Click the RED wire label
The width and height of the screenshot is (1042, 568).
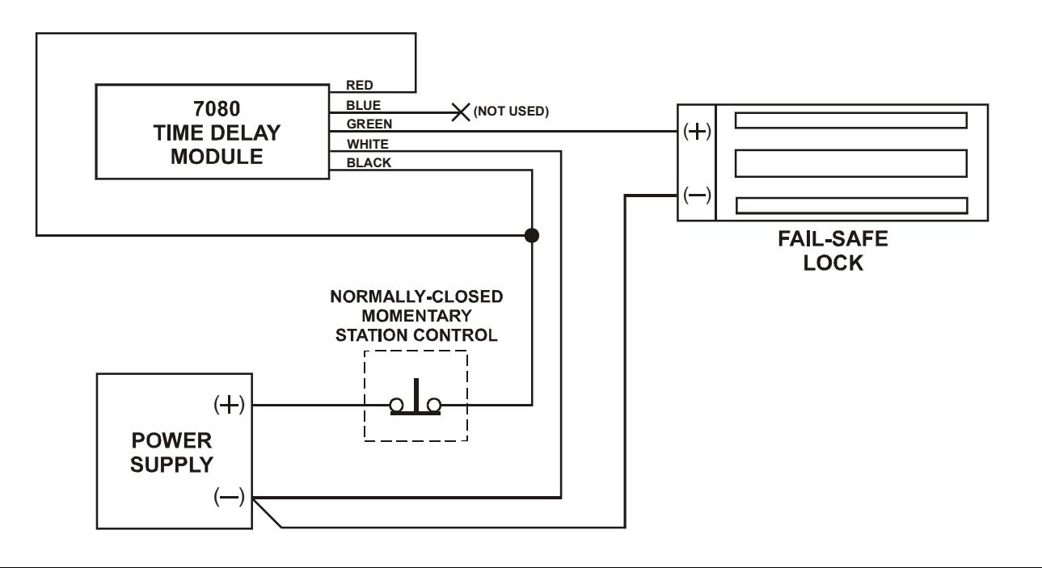pos(360,85)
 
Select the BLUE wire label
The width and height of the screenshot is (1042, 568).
pos(363,106)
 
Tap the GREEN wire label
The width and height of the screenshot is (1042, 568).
pos(369,124)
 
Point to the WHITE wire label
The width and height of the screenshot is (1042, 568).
pos(368,144)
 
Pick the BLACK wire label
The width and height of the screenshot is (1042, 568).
pos(369,162)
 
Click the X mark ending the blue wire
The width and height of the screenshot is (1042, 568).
pos(461,112)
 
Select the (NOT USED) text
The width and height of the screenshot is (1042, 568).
pos(511,111)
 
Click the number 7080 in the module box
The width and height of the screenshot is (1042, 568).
pos(217,109)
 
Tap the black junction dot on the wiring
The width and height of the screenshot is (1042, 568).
pos(532,236)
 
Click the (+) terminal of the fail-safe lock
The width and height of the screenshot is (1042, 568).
pos(697,132)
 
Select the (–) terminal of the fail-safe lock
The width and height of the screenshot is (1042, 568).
pos(697,195)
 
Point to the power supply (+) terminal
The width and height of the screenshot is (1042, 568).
pos(229,405)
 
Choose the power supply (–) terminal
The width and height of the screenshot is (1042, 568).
pos(229,497)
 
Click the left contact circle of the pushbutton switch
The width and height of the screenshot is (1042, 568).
pos(396,405)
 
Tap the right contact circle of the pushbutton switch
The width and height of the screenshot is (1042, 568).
pos(434,405)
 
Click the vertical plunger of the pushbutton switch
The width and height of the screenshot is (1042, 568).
pos(416,394)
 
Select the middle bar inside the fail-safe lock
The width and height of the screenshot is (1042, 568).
pos(850,163)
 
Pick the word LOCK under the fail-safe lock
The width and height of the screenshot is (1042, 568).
pos(833,263)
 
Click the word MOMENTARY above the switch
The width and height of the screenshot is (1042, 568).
pos(416,316)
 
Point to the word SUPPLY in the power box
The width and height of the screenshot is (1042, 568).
pos(171,465)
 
